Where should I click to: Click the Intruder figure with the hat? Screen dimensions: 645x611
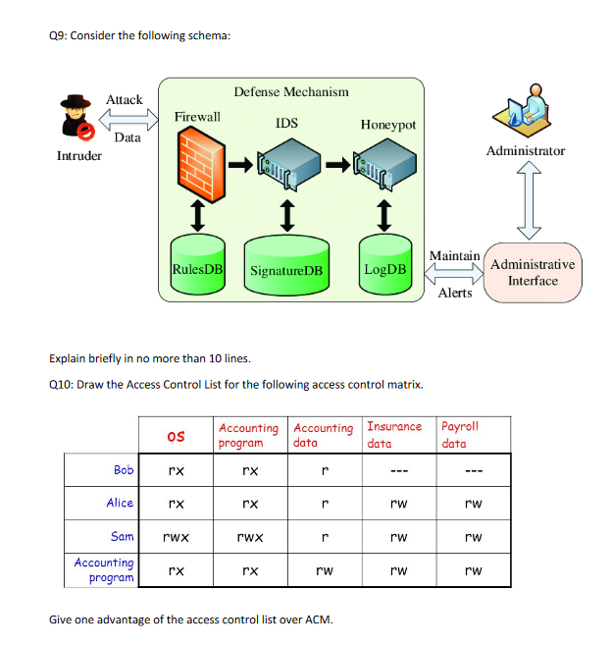click(x=76, y=119)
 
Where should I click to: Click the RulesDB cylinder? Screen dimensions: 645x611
click(x=197, y=265)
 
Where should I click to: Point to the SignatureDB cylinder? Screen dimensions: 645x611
click(x=286, y=266)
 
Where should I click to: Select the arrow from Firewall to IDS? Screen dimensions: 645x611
click(x=239, y=165)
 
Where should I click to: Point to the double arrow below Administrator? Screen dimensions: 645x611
click(x=529, y=202)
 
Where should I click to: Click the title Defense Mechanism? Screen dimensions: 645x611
click(x=291, y=91)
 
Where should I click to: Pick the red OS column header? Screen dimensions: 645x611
click(x=176, y=435)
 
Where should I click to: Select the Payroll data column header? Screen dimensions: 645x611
click(x=461, y=435)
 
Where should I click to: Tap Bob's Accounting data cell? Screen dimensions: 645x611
click(x=325, y=470)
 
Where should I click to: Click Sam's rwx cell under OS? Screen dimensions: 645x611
click(x=176, y=536)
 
